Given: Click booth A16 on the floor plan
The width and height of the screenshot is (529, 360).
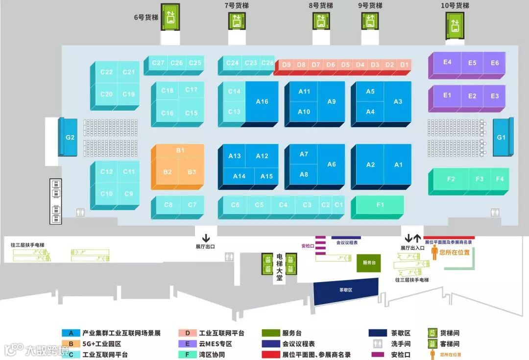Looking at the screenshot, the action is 262,101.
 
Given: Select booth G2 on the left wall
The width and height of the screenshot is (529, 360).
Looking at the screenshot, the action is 70,137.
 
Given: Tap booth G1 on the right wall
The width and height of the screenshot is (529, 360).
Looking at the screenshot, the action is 501,137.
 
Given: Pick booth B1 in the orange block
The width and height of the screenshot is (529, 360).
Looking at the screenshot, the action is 180,150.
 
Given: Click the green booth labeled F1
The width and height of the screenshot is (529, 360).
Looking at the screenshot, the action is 380,205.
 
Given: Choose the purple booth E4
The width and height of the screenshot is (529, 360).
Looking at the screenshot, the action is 447,62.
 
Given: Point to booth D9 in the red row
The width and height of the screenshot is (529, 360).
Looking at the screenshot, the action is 287,65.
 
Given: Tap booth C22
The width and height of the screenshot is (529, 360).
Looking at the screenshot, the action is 106,72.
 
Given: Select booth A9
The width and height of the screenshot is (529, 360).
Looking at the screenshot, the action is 332,101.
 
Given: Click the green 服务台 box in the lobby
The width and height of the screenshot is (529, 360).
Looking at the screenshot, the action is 369,263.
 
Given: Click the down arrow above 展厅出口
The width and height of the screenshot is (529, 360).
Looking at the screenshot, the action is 206,238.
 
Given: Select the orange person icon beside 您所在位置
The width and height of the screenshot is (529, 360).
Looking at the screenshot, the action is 434,252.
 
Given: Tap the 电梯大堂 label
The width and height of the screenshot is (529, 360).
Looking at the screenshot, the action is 279,267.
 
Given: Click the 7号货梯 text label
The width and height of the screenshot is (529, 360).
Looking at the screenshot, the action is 237,5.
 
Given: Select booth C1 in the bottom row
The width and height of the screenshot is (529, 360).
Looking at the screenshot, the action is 338,205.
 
